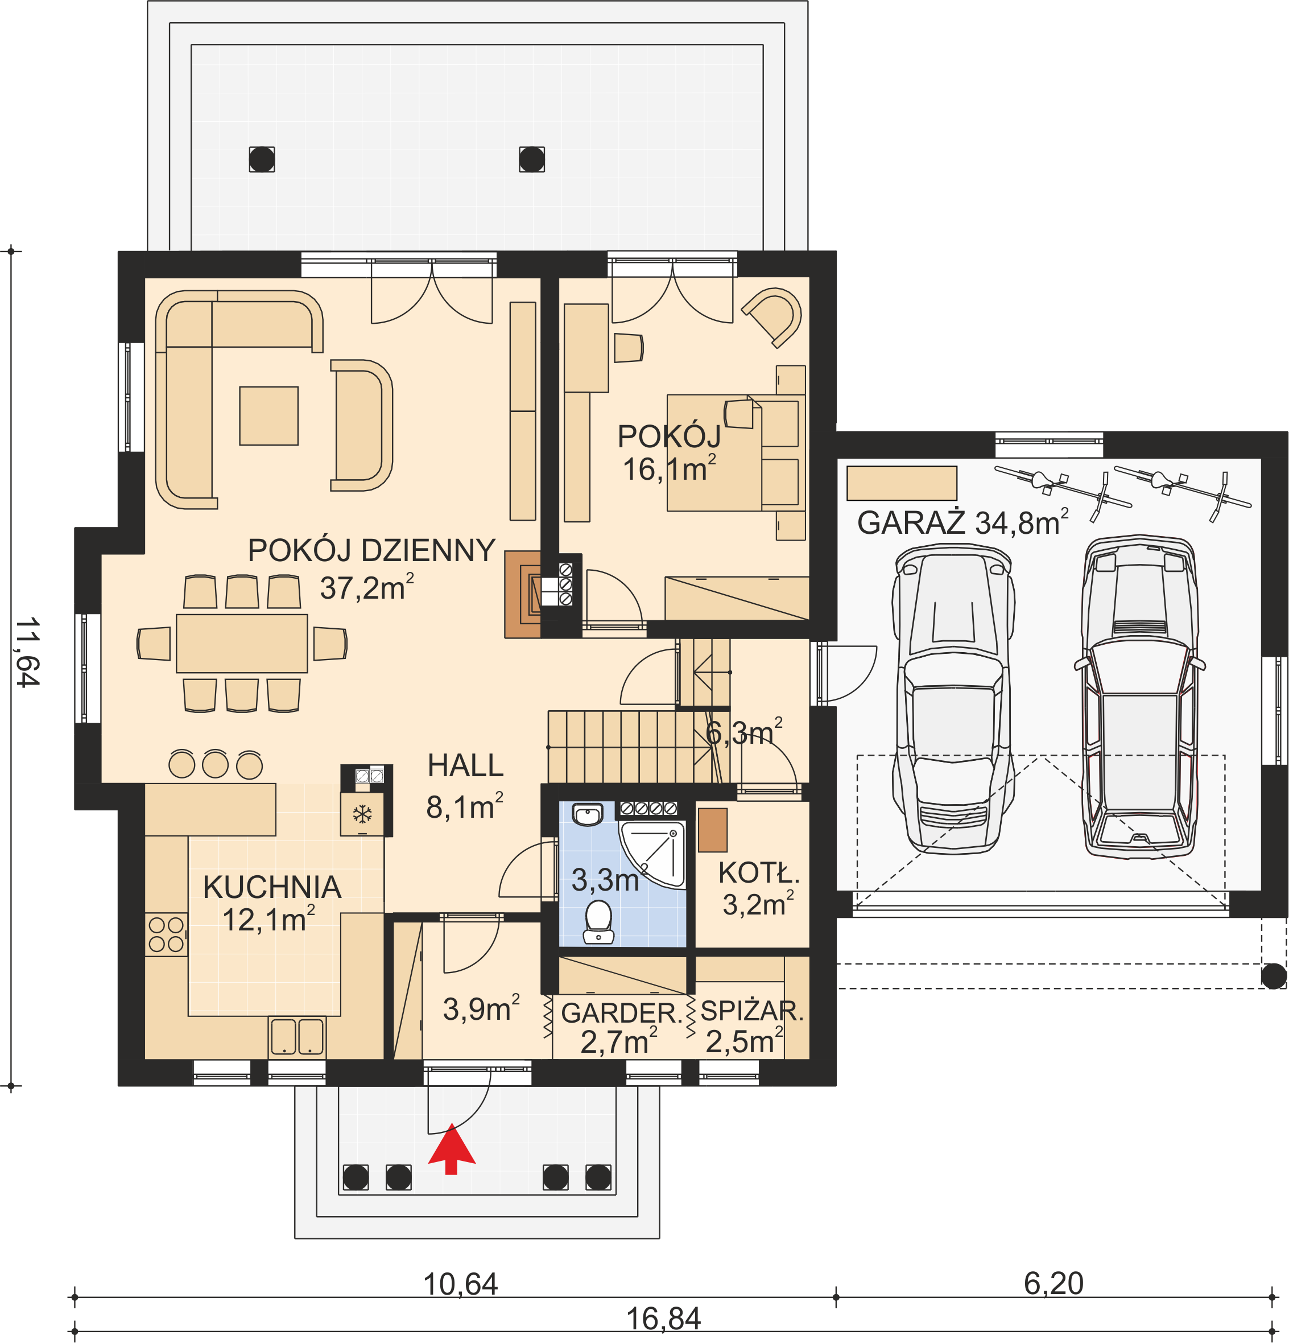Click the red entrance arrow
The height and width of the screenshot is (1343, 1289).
click(x=451, y=1149)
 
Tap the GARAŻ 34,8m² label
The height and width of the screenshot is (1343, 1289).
click(x=962, y=522)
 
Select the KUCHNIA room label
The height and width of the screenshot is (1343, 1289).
click(x=272, y=887)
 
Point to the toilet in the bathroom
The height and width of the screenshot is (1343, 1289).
click(x=598, y=921)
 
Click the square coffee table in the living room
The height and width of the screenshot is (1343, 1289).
click(x=268, y=416)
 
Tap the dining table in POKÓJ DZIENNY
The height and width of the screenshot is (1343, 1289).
click(x=242, y=644)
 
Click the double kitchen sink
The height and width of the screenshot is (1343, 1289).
click(x=296, y=1036)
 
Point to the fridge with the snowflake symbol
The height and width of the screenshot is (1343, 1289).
click(x=362, y=814)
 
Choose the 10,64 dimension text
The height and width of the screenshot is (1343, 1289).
click(x=460, y=1284)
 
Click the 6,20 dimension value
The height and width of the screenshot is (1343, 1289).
click(x=1053, y=1283)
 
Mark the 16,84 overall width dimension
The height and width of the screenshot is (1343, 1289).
click(x=664, y=1319)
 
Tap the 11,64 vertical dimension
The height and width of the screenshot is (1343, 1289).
click(x=28, y=652)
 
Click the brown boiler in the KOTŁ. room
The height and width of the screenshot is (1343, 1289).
click(x=712, y=830)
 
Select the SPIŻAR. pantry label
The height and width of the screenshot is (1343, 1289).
click(x=752, y=1011)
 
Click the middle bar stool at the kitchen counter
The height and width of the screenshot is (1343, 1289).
click(x=215, y=763)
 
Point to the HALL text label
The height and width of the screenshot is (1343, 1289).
click(x=466, y=765)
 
